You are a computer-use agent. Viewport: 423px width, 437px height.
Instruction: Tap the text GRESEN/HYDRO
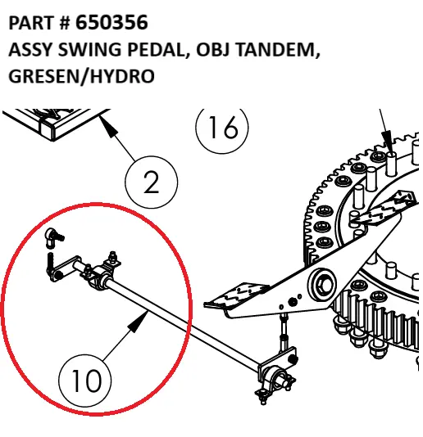(82, 77)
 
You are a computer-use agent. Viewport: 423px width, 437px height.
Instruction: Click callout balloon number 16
(222, 128)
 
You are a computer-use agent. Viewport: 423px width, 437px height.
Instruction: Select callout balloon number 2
(152, 182)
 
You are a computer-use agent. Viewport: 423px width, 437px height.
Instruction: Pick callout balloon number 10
(84, 381)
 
